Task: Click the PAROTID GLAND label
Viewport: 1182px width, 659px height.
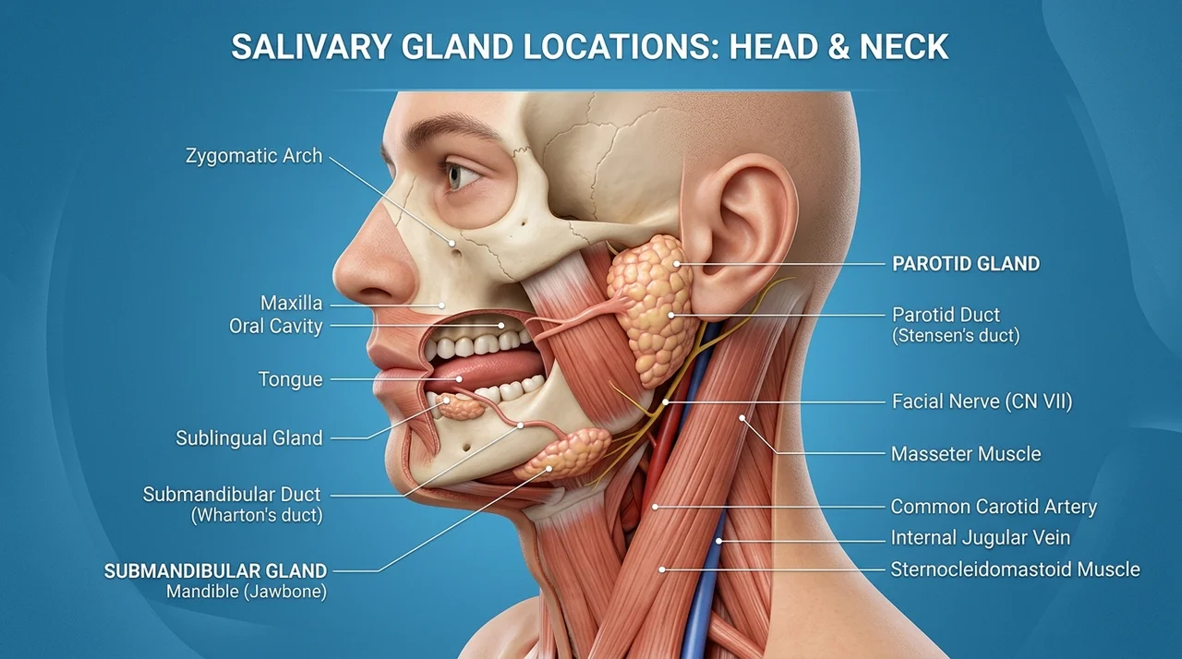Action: (x=966, y=264)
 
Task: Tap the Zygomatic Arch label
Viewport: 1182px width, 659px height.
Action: (x=254, y=156)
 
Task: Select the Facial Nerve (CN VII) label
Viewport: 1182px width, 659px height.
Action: (x=982, y=401)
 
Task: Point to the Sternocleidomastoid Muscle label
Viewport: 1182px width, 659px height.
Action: (x=1015, y=569)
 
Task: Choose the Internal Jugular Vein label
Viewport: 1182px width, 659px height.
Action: (x=981, y=538)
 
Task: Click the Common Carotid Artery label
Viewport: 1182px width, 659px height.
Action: (x=994, y=507)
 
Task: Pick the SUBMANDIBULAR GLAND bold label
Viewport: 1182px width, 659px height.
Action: (x=215, y=571)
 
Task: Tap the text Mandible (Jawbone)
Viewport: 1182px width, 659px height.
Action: (x=247, y=592)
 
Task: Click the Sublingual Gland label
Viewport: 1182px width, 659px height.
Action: (x=249, y=438)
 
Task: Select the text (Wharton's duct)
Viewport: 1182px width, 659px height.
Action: (x=257, y=515)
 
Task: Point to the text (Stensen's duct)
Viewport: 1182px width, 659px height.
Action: (x=956, y=336)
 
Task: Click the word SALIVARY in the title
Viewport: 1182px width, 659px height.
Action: (x=311, y=46)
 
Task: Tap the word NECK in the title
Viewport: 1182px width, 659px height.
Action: (x=904, y=46)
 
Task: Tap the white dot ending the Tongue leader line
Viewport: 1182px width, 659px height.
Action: (x=459, y=379)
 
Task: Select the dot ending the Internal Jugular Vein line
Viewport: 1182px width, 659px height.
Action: (x=718, y=541)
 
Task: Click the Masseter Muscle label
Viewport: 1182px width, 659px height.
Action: (x=966, y=454)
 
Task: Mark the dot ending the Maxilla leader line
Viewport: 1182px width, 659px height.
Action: (x=442, y=306)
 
